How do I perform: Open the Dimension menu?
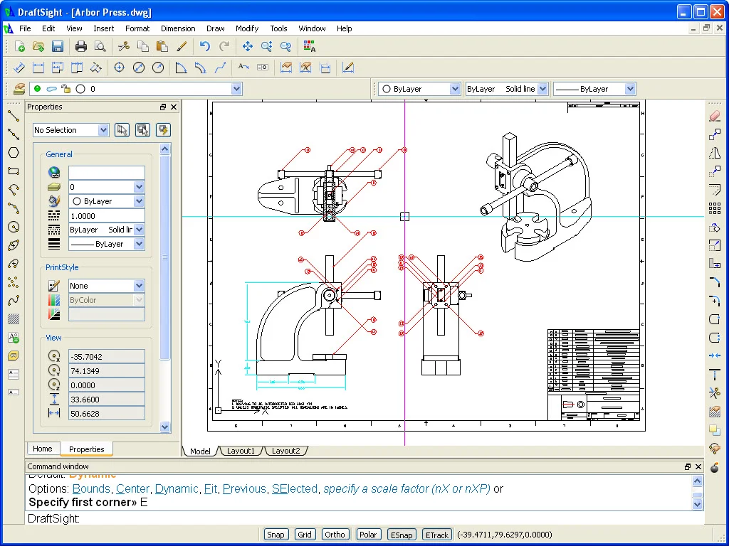coord(178,28)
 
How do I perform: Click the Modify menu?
coord(247,28)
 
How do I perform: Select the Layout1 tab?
coord(241,451)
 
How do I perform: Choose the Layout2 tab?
coord(285,451)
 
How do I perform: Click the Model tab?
coord(200,451)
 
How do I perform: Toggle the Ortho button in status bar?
coord(335,535)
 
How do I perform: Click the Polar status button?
coord(368,535)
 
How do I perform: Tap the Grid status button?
coord(305,535)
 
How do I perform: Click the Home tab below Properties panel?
coord(43,449)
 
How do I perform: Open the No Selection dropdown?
coord(70,130)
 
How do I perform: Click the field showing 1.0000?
coord(106,215)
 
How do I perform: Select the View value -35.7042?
coord(106,357)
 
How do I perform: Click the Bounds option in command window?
coord(91,489)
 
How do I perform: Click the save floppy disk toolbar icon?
coord(58,47)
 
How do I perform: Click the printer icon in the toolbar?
coord(81,47)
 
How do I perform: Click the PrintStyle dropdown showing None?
coord(106,286)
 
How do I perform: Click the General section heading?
coord(59,154)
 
